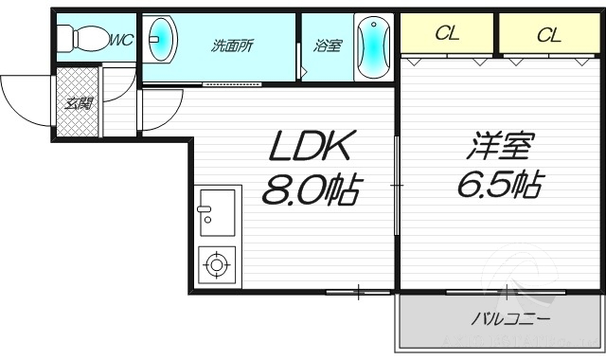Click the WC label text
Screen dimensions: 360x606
[120, 40]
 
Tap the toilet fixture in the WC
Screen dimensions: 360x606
[76, 39]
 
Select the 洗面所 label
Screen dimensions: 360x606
[232, 45]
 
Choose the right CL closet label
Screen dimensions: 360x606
[548, 35]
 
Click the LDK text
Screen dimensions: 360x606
[312, 147]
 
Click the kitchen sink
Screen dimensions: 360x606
[217, 211]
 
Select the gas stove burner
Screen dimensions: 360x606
[217, 264]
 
